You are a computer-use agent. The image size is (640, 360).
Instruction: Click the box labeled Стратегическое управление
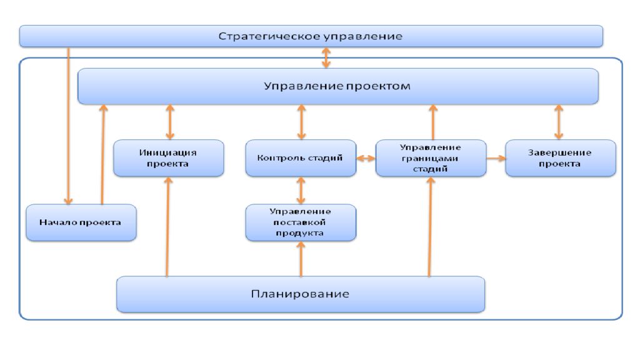(x=311, y=36)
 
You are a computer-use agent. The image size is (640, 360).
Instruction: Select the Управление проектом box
(x=338, y=86)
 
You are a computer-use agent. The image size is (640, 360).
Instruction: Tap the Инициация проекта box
(x=169, y=158)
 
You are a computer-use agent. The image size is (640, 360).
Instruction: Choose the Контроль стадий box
(x=301, y=158)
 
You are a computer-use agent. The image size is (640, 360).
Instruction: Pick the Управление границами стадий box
(x=431, y=158)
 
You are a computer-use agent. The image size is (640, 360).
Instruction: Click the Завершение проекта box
(x=561, y=158)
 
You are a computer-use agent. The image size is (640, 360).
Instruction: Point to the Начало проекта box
(x=81, y=222)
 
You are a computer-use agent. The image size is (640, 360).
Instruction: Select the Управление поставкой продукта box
(x=301, y=222)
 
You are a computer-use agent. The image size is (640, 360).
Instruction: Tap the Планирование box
(x=301, y=294)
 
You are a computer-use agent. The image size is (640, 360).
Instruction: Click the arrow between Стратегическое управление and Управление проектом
(x=326, y=57)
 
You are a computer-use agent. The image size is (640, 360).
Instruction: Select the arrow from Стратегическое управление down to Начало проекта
(x=69, y=126)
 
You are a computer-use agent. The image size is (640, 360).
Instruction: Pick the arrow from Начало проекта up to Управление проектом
(x=103, y=154)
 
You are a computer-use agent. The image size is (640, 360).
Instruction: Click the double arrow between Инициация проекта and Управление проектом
(x=170, y=122)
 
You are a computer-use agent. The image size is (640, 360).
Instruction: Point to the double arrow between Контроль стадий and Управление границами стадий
(x=366, y=158)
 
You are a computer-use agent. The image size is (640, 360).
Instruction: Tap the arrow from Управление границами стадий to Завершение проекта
(x=496, y=158)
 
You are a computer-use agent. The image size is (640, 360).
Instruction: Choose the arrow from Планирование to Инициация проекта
(x=167, y=226)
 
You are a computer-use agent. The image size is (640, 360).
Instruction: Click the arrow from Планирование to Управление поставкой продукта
(x=301, y=259)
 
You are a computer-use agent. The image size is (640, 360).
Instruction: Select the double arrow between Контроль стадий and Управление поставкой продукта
(x=301, y=190)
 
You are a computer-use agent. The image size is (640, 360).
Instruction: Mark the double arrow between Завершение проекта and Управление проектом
(x=559, y=122)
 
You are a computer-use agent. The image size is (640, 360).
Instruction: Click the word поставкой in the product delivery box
(x=299, y=222)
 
